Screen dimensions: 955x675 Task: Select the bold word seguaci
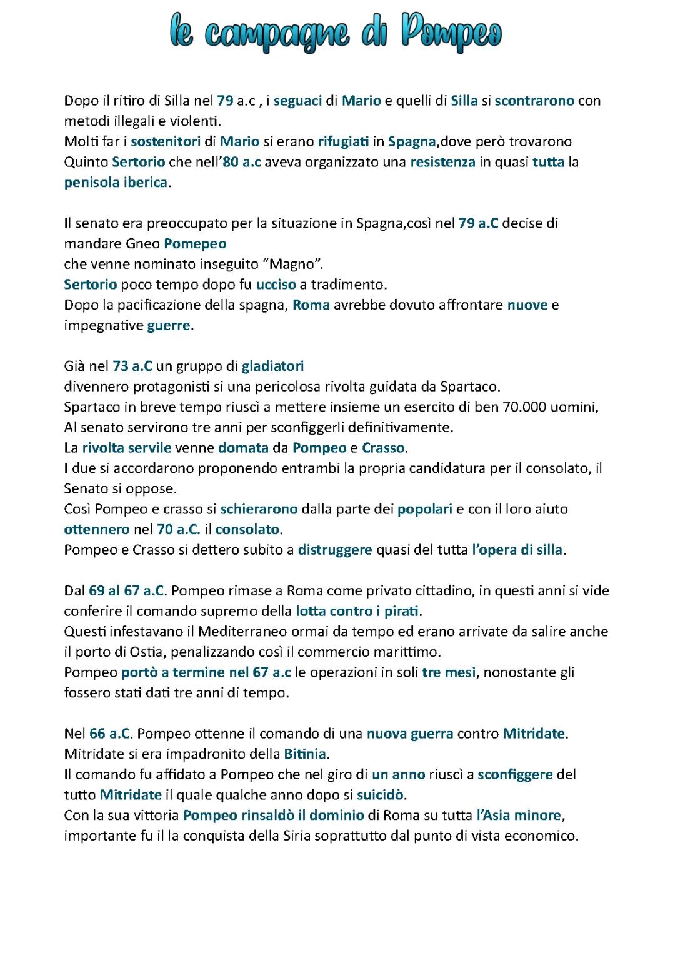[x=297, y=101]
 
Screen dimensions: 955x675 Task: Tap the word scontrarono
[x=534, y=101]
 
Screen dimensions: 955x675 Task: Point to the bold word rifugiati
[x=343, y=141]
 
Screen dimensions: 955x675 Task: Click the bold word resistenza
[x=442, y=162]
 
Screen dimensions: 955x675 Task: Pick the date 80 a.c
[x=242, y=162]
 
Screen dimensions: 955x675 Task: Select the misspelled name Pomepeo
[x=195, y=243]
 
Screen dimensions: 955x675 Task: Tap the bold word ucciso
[x=276, y=285]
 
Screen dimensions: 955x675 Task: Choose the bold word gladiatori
[x=272, y=366]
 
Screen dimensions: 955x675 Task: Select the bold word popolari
[x=424, y=509]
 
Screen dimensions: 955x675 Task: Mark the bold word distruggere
[x=334, y=550]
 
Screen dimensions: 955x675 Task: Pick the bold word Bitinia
[x=305, y=754]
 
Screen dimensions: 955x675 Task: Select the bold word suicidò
[x=381, y=795]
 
